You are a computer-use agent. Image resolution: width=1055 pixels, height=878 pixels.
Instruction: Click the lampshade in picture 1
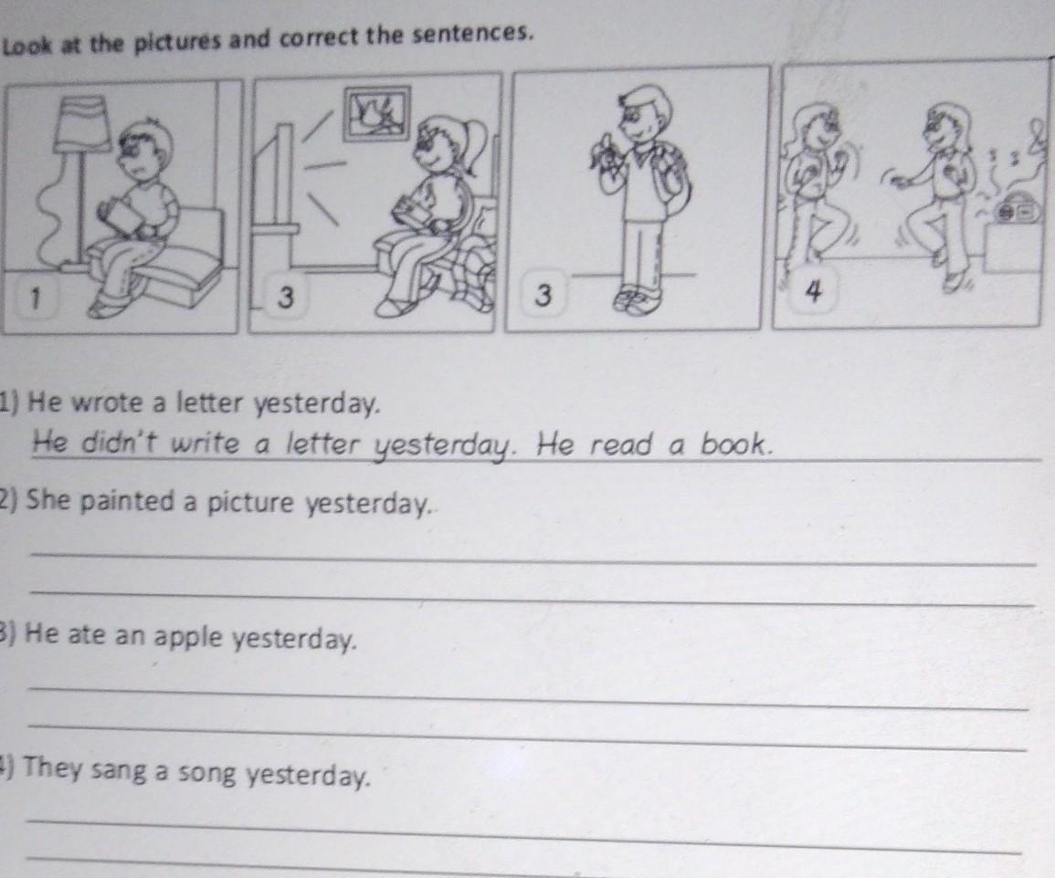tap(81, 123)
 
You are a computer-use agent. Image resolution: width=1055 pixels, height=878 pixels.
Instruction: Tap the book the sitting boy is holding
tap(122, 215)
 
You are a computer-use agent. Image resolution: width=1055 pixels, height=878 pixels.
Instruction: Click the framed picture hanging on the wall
tap(375, 113)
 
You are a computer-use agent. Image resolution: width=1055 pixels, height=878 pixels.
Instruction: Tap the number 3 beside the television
tap(286, 297)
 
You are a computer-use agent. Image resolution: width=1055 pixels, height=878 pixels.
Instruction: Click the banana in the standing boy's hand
tap(603, 152)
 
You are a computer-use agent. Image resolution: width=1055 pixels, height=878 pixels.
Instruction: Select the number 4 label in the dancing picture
tap(814, 291)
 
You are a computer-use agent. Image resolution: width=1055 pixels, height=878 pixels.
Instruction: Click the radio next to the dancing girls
tap(1016, 211)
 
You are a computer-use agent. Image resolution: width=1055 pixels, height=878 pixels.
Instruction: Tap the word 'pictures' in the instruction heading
tap(177, 42)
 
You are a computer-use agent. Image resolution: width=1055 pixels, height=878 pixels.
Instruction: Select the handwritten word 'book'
tap(733, 444)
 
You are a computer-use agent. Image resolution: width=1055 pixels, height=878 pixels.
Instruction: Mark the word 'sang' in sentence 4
tap(118, 770)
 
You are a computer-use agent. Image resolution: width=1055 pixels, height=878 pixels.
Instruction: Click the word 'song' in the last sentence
tap(207, 774)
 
